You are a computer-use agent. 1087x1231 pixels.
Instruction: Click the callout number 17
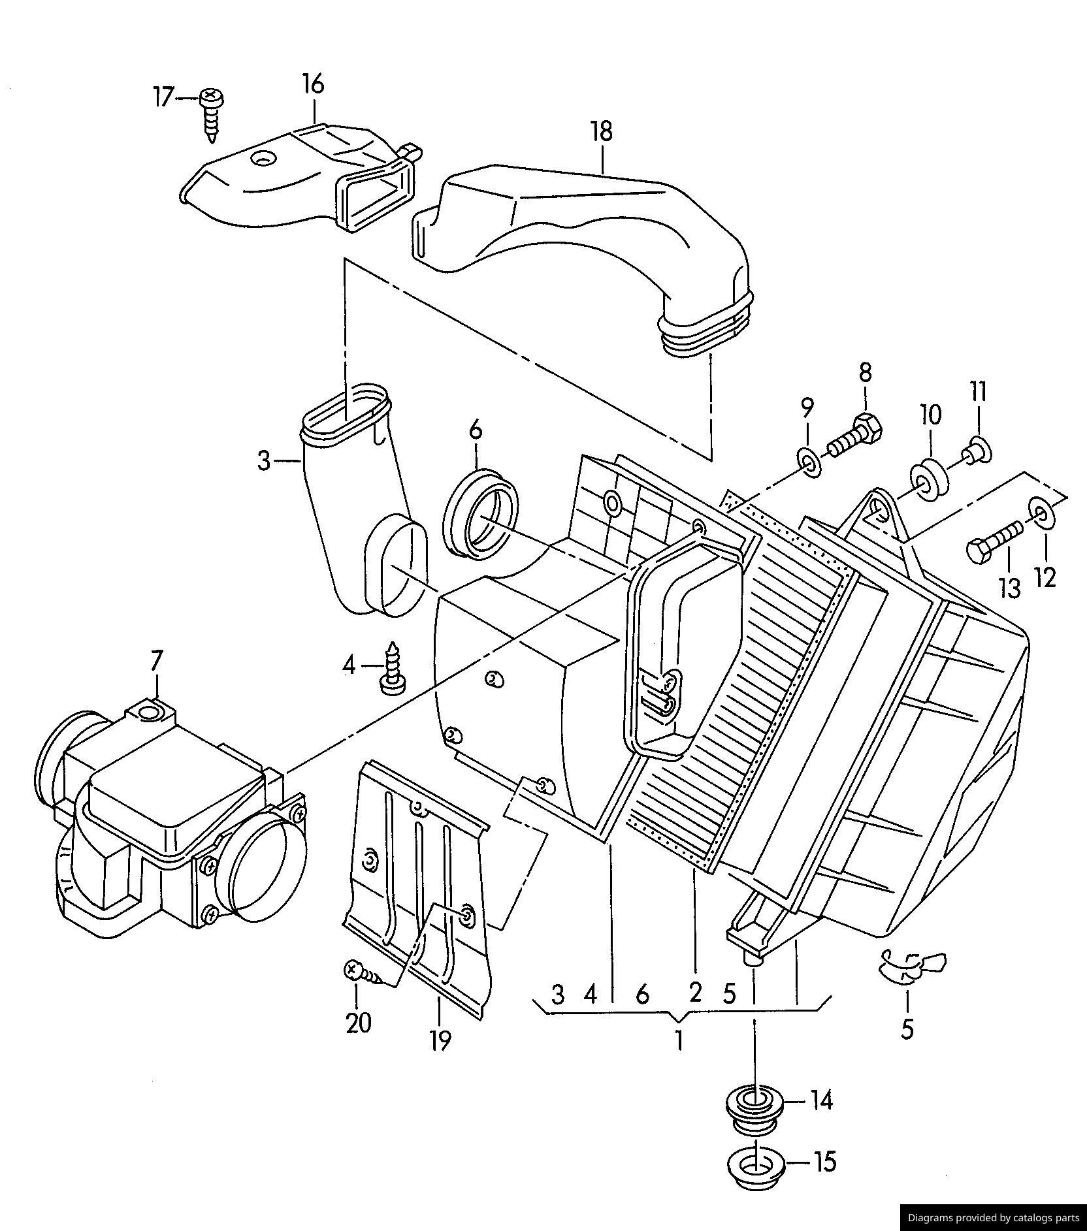[163, 97]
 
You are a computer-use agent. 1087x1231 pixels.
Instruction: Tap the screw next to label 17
[212, 115]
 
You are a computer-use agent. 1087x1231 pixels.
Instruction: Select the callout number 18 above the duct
[602, 132]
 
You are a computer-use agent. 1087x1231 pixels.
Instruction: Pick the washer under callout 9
[808, 463]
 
